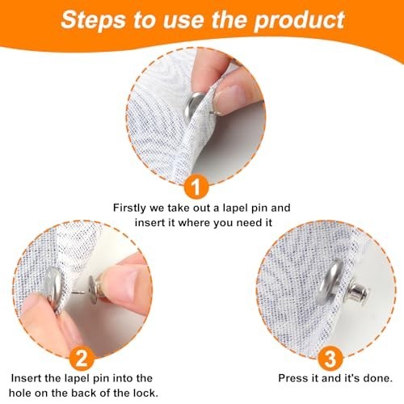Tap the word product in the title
point(299,20)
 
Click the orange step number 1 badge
point(196,186)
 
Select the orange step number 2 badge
point(82,359)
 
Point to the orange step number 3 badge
point(330,359)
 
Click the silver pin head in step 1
point(195,105)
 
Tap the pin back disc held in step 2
point(92,290)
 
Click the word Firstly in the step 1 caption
point(129,208)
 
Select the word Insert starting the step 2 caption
point(26,378)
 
